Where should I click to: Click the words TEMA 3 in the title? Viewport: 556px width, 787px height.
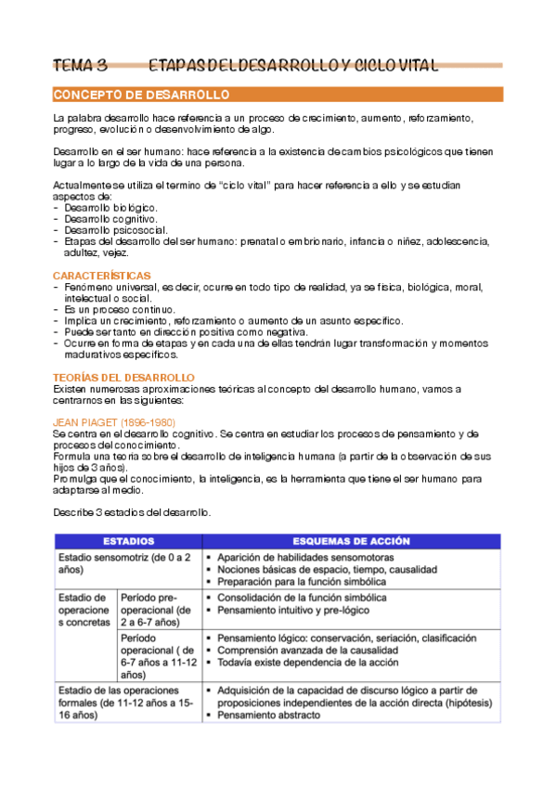point(81,65)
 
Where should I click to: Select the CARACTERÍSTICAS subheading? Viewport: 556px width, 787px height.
point(102,276)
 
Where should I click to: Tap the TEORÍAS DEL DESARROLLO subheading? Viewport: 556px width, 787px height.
point(123,378)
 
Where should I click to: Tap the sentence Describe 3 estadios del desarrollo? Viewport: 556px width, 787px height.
point(133,512)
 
